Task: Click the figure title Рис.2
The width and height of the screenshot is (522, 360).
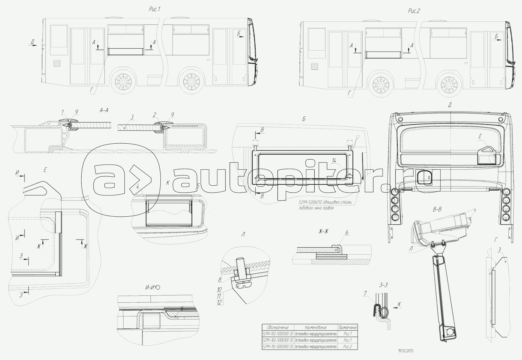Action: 414,11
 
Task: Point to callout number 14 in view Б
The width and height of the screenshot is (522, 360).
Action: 334,161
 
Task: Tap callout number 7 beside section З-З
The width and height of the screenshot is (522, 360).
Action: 365,293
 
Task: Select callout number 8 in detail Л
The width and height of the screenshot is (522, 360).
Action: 220,279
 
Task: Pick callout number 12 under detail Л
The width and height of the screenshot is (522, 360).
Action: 219,302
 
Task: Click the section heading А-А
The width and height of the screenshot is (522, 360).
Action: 104,110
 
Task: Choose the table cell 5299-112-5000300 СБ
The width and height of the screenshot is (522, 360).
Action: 278,346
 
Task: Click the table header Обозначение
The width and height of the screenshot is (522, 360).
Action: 278,327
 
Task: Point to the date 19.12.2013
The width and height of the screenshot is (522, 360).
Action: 406,351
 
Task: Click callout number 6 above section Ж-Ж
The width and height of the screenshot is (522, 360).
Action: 347,232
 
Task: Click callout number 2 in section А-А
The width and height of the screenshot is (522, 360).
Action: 155,115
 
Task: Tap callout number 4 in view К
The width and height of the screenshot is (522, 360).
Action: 138,187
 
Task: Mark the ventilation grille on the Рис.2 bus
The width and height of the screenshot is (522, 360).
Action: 315,67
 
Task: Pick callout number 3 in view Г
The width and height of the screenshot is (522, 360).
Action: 499,250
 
